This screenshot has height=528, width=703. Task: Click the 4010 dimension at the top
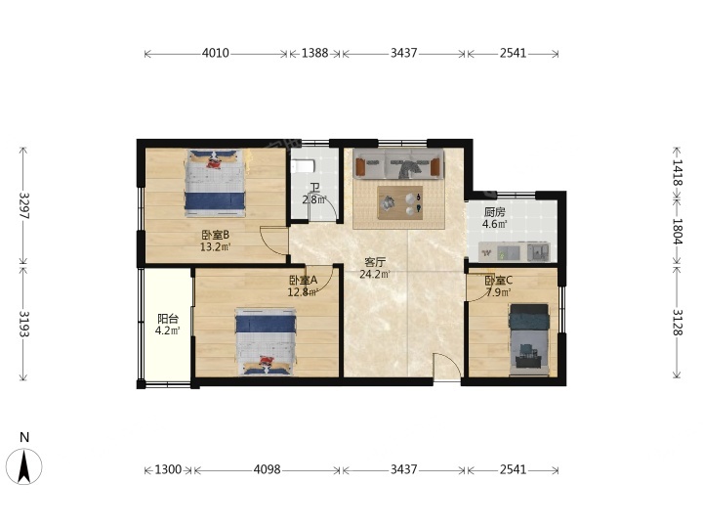(x=215, y=53)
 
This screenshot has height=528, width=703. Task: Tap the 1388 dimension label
(x=314, y=53)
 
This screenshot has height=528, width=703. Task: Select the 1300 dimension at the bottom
(x=168, y=469)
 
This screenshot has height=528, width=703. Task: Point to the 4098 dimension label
(x=268, y=469)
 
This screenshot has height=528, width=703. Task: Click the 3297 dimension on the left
(x=23, y=205)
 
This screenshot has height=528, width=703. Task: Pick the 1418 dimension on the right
(x=677, y=172)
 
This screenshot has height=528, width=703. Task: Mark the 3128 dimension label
(x=677, y=323)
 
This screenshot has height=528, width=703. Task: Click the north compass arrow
(x=24, y=467)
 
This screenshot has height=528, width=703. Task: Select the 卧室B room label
(x=215, y=235)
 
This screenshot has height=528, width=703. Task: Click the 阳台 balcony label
(x=168, y=319)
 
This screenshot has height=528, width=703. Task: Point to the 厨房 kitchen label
(x=494, y=212)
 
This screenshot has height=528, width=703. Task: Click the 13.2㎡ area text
(x=215, y=246)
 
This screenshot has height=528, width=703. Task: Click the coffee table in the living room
(x=400, y=203)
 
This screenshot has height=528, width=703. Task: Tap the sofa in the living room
(x=398, y=164)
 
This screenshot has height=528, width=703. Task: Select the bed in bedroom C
(x=529, y=340)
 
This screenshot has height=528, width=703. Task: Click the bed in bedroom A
(x=266, y=341)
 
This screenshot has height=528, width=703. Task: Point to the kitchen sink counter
(x=515, y=252)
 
